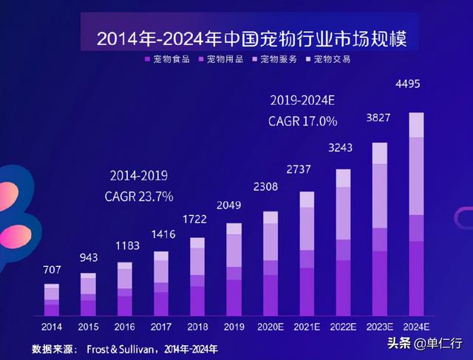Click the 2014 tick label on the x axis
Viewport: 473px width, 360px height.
point(52,327)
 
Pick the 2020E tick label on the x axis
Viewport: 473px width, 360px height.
point(270,327)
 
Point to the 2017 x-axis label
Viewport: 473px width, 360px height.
point(161,327)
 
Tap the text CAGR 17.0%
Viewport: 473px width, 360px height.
point(303,120)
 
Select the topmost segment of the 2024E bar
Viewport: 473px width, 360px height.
point(416,125)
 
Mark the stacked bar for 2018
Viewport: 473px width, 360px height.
point(197,276)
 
